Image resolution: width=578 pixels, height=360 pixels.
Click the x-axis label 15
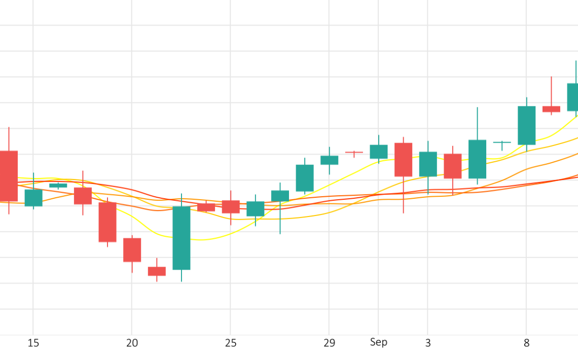[33, 343]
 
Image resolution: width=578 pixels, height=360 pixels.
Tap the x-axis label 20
[132, 343]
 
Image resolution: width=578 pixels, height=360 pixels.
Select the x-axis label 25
[231, 343]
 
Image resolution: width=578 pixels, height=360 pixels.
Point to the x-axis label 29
[329, 343]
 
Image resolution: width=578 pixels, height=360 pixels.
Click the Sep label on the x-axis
[378, 342]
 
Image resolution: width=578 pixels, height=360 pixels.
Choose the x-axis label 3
[428, 343]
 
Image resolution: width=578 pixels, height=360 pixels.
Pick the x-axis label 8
[526, 343]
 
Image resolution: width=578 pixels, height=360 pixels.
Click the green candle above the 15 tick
[33, 198]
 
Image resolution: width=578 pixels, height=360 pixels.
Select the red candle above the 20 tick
[132, 250]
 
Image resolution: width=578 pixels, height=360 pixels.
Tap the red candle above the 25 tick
[231, 206]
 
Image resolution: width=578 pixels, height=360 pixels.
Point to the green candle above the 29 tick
[330, 160]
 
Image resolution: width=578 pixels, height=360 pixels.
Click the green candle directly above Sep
[379, 152]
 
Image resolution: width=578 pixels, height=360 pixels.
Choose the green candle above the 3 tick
[428, 164]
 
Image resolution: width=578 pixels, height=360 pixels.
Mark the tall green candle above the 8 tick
[527, 125]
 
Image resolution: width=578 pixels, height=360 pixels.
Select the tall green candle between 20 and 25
[182, 238]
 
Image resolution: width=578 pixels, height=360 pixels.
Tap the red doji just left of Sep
[354, 152]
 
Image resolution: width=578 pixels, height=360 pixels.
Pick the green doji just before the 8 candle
[502, 142]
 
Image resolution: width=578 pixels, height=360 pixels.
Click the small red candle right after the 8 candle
[551, 109]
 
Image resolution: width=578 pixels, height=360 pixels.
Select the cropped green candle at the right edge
[572, 97]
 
